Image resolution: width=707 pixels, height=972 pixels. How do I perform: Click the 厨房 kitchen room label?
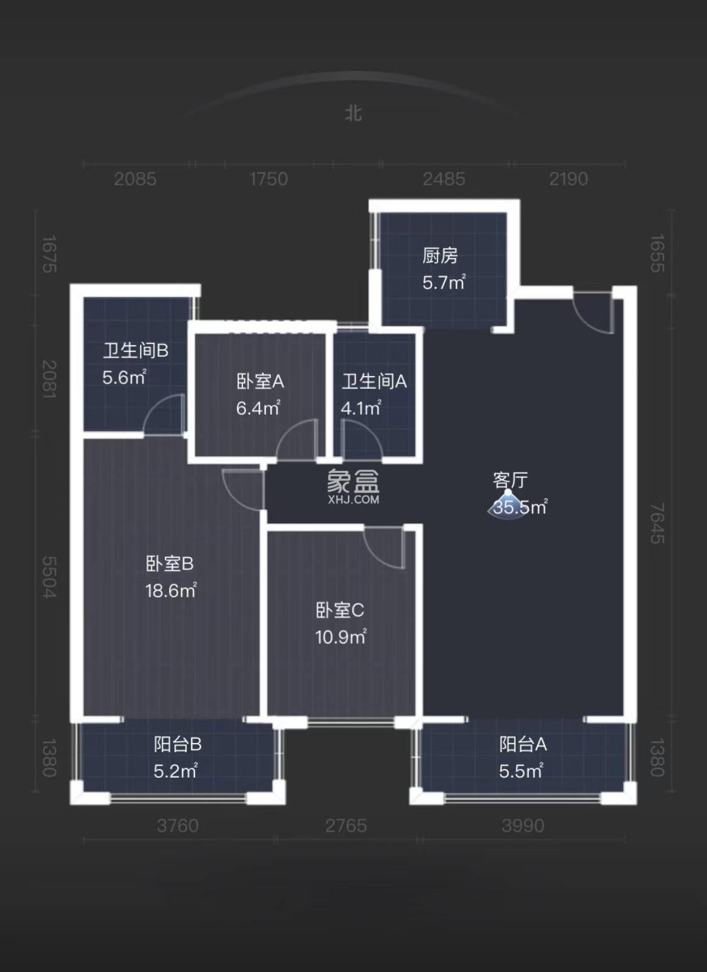[440, 255]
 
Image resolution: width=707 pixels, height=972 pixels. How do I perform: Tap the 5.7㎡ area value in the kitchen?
[443, 283]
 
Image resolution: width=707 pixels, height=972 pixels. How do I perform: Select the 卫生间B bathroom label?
[136, 351]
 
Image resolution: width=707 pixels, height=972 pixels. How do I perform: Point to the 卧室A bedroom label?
[260, 382]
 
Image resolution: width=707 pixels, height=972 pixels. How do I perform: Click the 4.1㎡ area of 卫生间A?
[361, 409]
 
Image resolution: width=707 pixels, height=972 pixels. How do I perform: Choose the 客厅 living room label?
[510, 481]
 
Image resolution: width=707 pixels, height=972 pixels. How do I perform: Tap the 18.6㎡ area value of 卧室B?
[170, 591]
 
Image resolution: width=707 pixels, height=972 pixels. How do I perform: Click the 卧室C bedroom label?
[339, 610]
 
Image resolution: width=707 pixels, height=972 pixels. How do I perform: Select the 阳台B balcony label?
[177, 744]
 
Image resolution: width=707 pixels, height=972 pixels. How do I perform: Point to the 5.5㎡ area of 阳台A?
[520, 771]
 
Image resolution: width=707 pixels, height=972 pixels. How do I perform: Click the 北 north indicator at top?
[353, 113]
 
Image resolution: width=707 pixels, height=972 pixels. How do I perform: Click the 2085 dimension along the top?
[135, 179]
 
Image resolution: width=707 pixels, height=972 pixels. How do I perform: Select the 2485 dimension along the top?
[444, 179]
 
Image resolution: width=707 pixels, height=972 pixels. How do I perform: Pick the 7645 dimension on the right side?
[658, 523]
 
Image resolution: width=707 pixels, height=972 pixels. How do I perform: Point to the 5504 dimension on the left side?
[48, 578]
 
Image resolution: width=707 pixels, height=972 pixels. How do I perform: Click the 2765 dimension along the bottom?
[346, 826]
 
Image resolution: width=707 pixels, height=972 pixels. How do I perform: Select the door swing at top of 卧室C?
[385, 546]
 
